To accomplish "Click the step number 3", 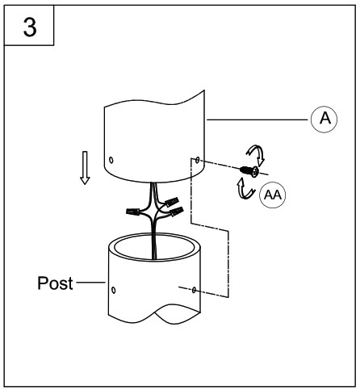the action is [30, 27].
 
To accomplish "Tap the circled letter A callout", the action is [324, 119].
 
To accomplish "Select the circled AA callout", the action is [273, 195].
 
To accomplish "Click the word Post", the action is [55, 283].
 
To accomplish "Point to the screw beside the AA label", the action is [249, 170].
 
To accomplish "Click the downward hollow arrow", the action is [85, 168].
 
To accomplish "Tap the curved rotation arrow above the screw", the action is [256, 154].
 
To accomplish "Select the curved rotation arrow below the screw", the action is [245, 188].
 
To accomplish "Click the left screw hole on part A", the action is [111, 160].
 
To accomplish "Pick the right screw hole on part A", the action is [198, 160].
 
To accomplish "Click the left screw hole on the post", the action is [114, 290].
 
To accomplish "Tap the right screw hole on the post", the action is [194, 290].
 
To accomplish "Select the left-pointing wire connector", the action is [132, 212].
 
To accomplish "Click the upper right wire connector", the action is [172, 202].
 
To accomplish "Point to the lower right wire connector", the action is [176, 212].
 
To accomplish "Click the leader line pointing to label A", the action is [257, 120].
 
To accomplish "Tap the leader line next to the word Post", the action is [90, 283].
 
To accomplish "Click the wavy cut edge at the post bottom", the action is [155, 313].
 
